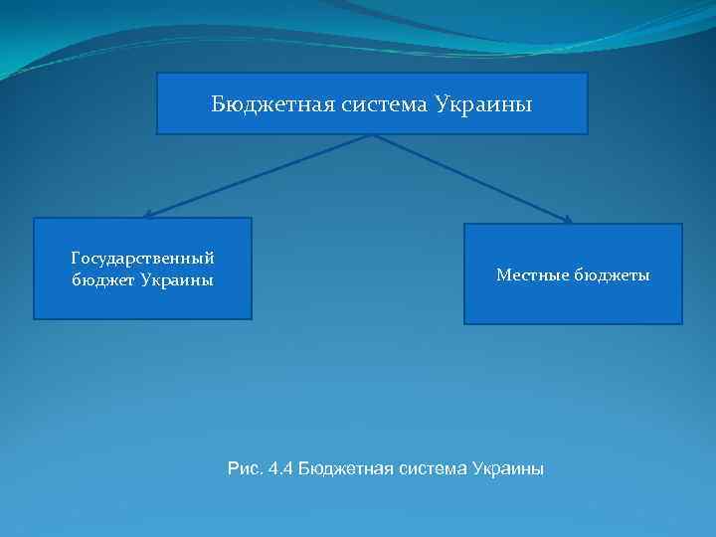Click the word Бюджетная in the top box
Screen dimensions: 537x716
(258, 103)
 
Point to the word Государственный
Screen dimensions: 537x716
(143, 259)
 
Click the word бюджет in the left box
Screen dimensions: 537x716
(102, 279)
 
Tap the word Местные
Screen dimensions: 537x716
(532, 274)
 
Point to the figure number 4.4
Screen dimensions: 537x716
(279, 467)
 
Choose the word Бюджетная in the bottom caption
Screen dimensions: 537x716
(344, 467)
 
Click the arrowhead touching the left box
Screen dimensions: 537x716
(147, 214)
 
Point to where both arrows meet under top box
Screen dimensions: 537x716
(373, 135)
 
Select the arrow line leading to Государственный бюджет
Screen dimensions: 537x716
(259, 175)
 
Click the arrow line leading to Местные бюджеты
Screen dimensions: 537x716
(472, 178)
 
